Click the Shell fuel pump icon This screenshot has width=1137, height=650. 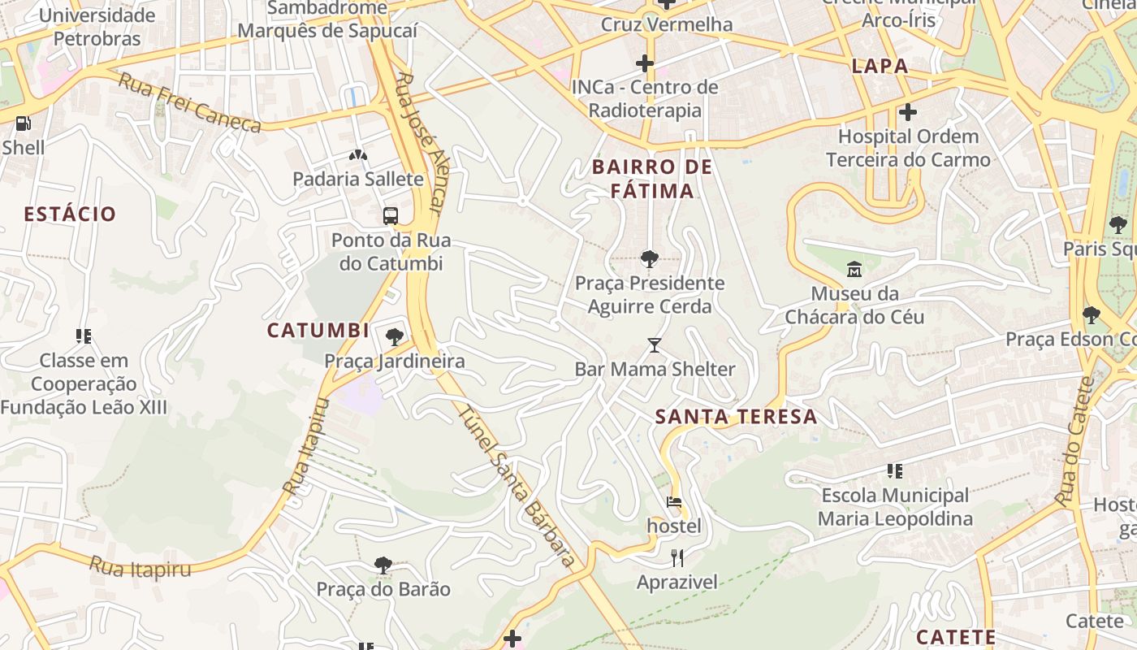(x=24, y=123)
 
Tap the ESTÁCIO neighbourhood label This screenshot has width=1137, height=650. (x=70, y=214)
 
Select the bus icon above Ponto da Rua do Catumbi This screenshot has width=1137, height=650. (x=391, y=215)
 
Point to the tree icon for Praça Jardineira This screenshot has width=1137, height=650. (x=395, y=336)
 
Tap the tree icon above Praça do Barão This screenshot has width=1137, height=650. (x=383, y=565)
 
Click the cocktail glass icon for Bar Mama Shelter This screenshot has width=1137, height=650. (x=655, y=345)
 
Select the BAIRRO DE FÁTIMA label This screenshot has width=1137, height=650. (x=652, y=179)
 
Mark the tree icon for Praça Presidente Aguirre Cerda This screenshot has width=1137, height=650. (x=649, y=258)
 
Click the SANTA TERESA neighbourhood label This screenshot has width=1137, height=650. (x=736, y=417)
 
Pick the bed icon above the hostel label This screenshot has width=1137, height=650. (x=674, y=502)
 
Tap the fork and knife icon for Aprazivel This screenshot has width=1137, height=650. (x=677, y=557)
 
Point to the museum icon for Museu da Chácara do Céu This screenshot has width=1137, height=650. (x=854, y=268)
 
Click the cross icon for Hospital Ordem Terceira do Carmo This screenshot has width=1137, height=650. (x=908, y=112)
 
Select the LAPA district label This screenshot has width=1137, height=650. (x=880, y=67)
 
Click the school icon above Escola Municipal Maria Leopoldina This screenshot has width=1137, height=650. (x=895, y=470)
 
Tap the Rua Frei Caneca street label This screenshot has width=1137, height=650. (x=189, y=102)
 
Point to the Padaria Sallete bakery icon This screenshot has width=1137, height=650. (x=357, y=154)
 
